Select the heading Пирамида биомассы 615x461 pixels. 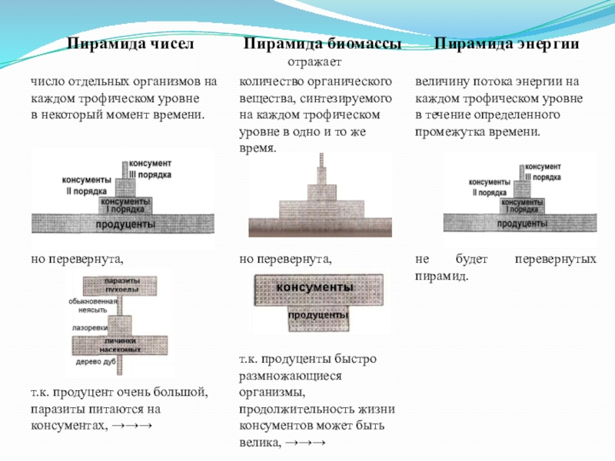[322, 45]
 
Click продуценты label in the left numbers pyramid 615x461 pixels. [125, 224]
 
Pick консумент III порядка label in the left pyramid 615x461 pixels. [150, 170]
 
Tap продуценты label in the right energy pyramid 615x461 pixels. [522, 224]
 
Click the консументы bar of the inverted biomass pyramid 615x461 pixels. [314, 287]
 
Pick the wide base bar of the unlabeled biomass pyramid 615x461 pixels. [320, 227]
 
